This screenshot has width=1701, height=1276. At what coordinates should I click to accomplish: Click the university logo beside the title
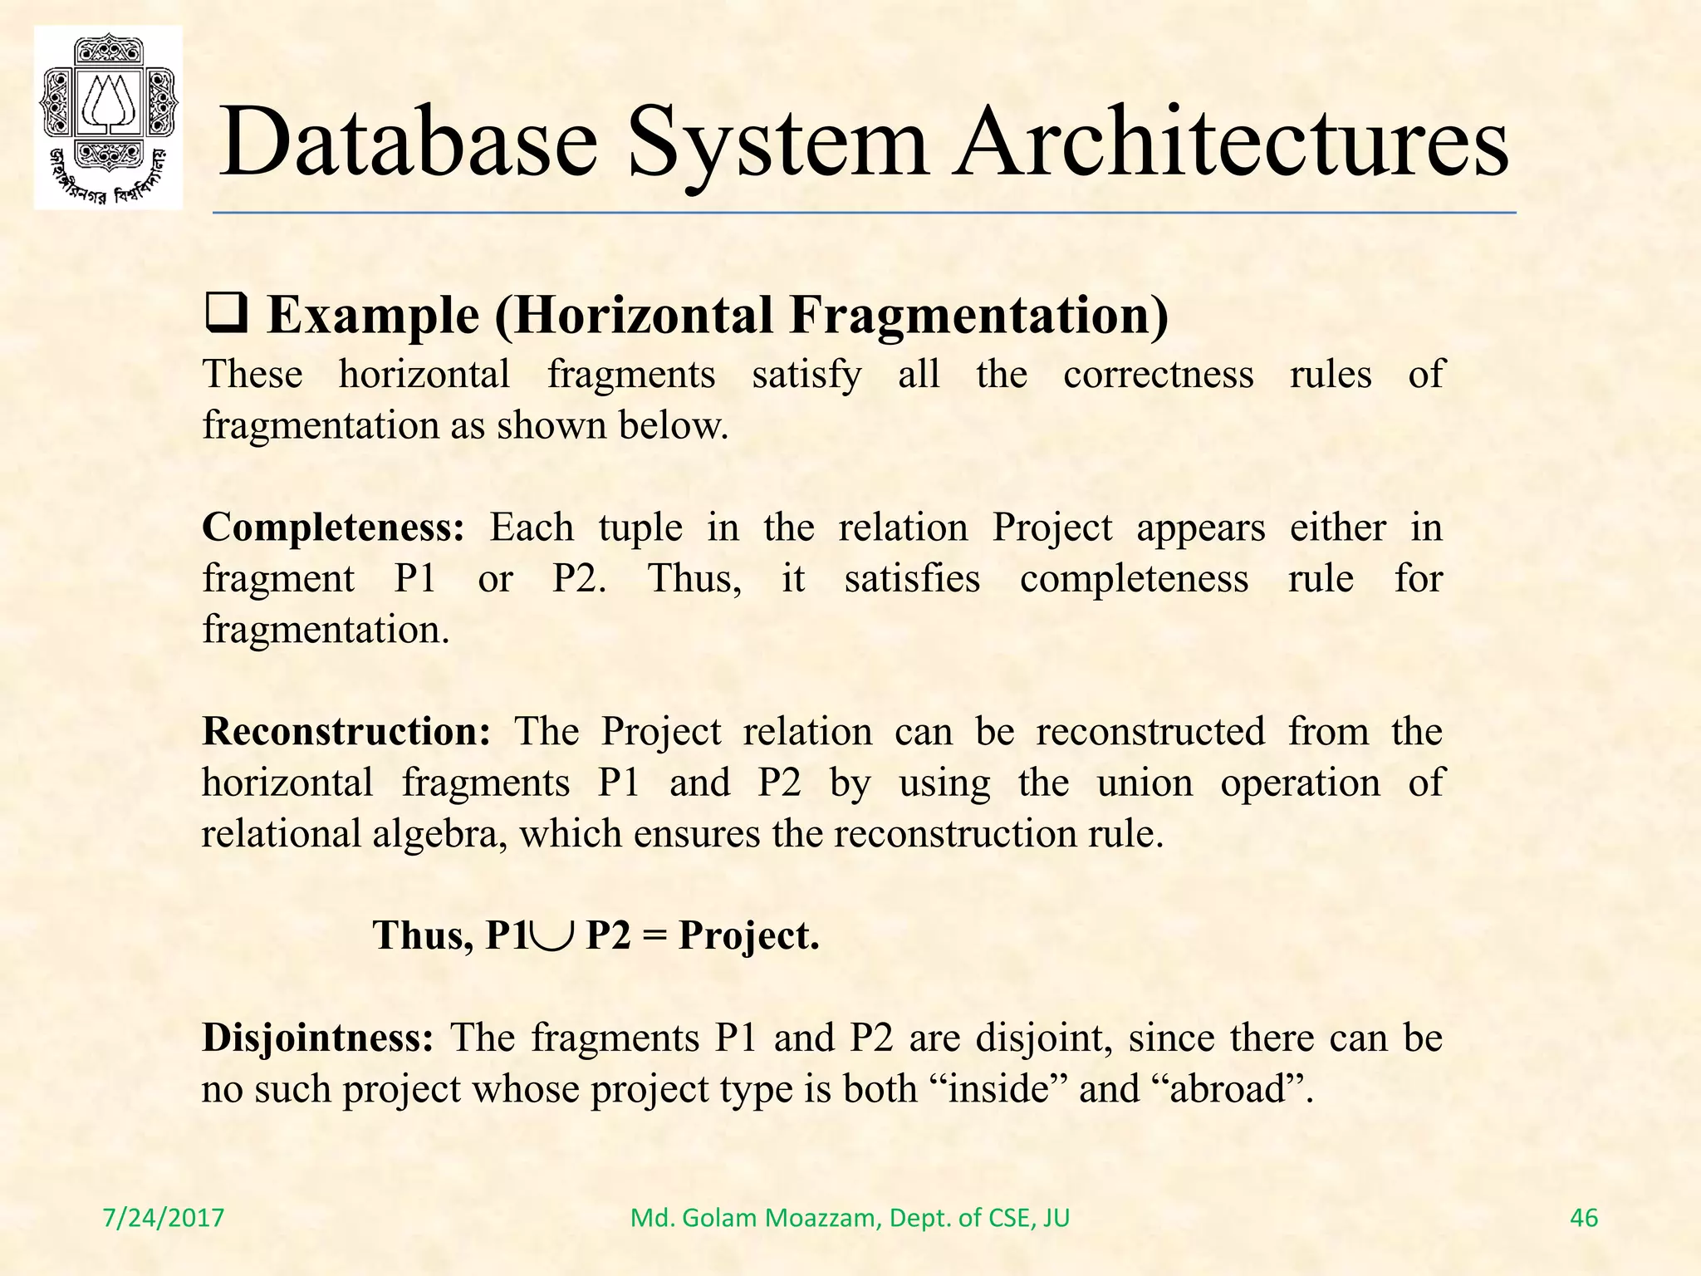pos(108,117)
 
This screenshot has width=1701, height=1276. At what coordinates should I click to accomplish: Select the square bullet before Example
pos(225,317)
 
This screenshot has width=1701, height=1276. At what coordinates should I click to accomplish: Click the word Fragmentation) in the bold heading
pos(978,317)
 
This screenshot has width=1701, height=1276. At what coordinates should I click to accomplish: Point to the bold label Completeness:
pos(333,528)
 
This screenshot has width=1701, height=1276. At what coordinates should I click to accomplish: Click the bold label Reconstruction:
pos(346,732)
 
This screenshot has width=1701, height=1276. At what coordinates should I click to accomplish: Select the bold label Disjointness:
pos(317,1038)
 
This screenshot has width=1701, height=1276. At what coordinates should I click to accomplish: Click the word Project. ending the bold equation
pos(748,936)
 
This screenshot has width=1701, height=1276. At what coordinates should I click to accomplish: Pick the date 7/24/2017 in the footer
pos(164,1218)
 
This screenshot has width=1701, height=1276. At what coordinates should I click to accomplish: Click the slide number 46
pos(1584,1218)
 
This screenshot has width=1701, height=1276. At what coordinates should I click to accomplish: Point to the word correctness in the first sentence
pos(1158,374)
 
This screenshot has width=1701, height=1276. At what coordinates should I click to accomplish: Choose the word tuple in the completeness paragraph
pos(640,528)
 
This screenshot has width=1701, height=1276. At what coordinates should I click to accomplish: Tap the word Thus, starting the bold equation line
pos(423,936)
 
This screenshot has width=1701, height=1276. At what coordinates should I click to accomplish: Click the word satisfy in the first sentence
pos(806,375)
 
